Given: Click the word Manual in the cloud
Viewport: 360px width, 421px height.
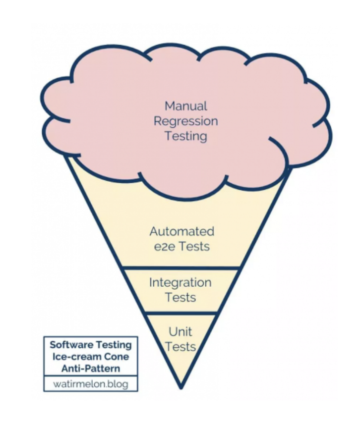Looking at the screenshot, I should [185, 106].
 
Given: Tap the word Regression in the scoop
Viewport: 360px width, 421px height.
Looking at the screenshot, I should [185, 121].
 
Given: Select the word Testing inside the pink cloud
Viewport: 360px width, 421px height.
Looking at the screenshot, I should [185, 136].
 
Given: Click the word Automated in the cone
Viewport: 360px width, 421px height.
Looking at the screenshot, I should [181, 231].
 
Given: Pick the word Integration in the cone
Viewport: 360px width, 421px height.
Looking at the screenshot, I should [180, 283].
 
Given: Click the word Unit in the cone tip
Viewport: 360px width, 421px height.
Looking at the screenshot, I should [180, 331].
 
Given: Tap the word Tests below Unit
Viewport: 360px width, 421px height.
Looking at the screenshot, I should [180, 346].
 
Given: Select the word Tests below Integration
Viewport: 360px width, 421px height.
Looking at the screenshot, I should [180, 298].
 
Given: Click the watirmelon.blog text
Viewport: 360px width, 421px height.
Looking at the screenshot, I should [91, 384].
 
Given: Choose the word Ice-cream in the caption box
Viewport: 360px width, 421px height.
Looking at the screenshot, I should [79, 357].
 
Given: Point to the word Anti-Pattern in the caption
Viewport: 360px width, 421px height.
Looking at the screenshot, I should [91, 368].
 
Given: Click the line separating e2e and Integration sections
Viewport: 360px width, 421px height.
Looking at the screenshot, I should [181, 268].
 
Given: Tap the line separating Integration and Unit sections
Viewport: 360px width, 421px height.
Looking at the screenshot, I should [181, 314].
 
